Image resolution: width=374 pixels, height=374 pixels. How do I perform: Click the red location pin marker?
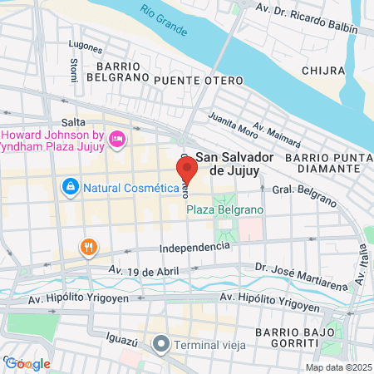tap(187, 170)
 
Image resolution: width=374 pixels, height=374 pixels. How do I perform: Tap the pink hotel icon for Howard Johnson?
tap(116, 138)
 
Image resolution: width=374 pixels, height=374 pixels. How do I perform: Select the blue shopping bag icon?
tap(71, 187)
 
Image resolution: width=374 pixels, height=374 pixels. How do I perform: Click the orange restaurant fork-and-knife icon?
tap(88, 246)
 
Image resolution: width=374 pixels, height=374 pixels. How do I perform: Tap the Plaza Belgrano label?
tap(219, 211)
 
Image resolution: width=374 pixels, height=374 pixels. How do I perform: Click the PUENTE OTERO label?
tap(197, 79)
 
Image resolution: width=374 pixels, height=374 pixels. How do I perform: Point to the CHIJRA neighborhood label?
tap(322, 71)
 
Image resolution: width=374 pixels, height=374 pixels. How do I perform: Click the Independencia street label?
tap(194, 247)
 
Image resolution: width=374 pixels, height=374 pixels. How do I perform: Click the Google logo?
tap(27, 363)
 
